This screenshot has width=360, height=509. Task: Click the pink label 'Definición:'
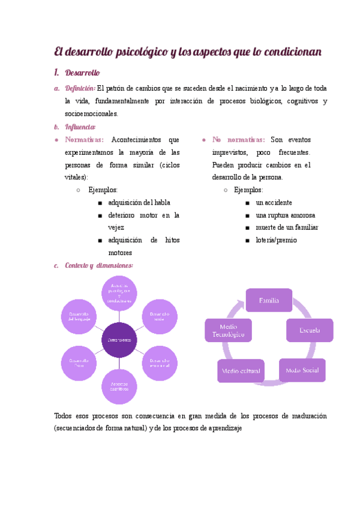[79, 89]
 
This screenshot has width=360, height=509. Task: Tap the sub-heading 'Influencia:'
[80, 127]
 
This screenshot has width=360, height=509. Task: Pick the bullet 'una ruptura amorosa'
[285, 215]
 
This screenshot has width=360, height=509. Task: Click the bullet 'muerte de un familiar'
[287, 227]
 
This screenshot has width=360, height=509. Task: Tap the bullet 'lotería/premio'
[276, 240]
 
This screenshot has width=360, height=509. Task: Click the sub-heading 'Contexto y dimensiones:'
[98, 265]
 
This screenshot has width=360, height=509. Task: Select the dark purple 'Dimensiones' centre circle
[119, 339]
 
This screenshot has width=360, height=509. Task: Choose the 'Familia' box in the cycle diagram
[268, 300]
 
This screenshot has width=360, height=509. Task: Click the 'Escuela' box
[310, 330]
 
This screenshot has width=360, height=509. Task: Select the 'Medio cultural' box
[241, 371]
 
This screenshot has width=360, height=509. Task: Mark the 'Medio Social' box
[302, 370]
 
